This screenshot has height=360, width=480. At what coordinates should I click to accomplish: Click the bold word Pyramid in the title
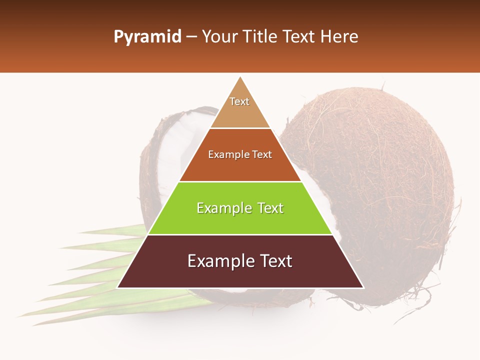[147, 37]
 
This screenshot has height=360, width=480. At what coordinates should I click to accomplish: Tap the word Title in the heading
[259, 37]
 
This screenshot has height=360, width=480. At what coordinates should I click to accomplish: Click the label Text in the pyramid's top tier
[239, 101]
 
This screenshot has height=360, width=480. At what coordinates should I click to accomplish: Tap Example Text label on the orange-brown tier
[240, 154]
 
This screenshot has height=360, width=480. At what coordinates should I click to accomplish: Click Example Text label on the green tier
[240, 208]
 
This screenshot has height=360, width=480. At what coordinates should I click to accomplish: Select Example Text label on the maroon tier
[240, 261]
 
